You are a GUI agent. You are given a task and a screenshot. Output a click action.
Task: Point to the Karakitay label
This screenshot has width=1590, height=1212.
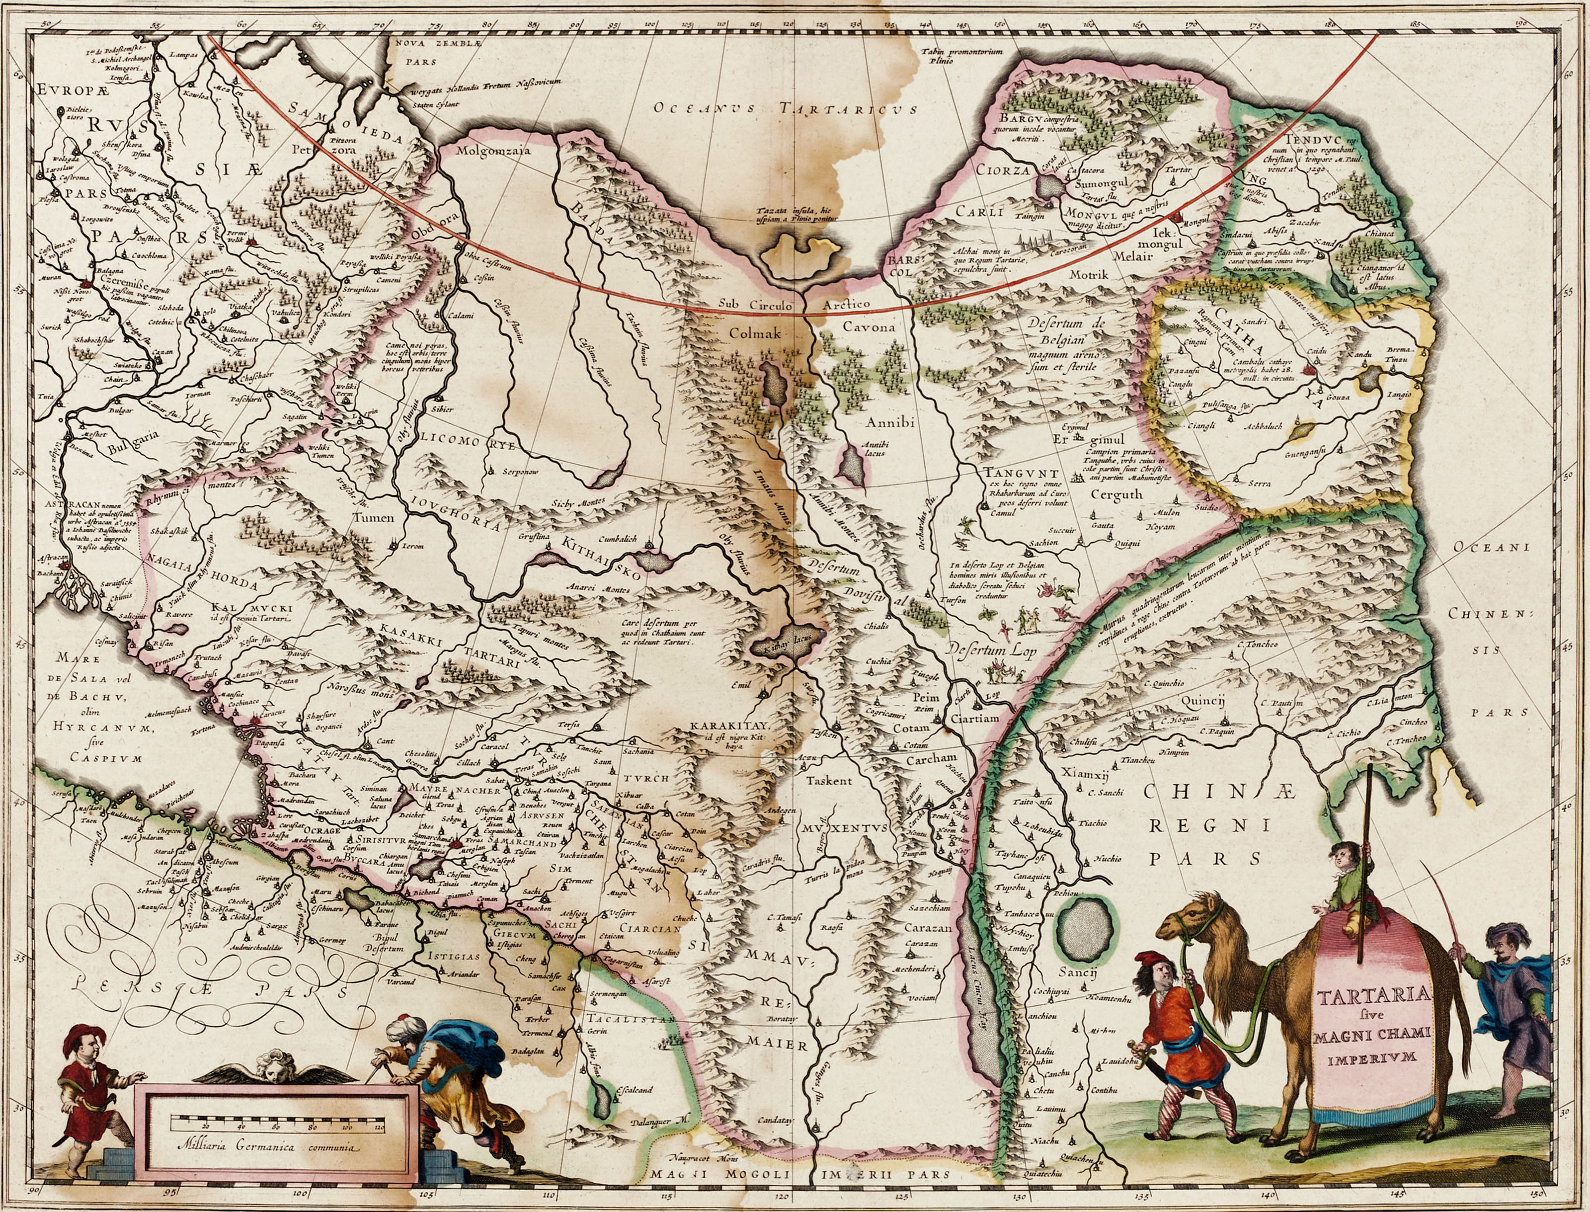731,725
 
